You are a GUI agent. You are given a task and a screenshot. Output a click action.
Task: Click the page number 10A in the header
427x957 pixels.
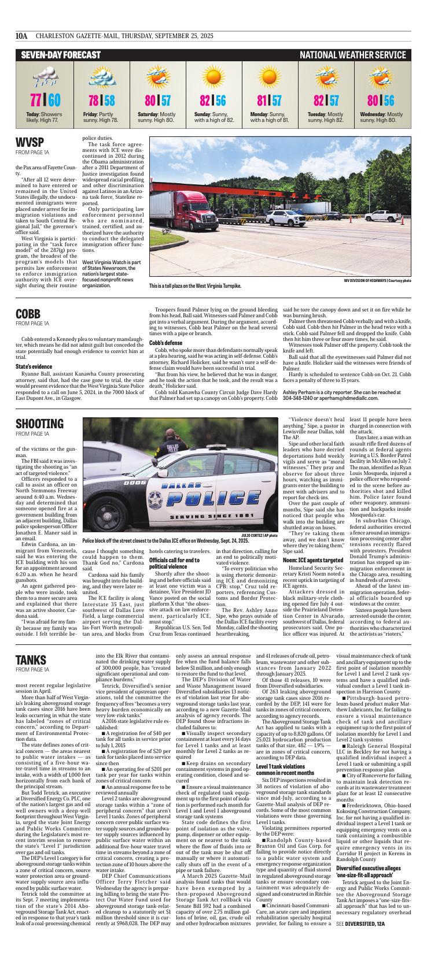pos(22,35)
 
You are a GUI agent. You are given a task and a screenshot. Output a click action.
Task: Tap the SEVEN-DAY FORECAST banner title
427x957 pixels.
pos(61,55)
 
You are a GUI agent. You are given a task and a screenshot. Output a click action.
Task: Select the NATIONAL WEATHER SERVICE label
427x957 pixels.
pos(352,55)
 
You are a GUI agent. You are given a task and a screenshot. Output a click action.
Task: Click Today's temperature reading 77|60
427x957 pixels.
pos(45,99)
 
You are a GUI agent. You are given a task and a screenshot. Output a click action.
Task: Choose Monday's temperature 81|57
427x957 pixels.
pos(269,99)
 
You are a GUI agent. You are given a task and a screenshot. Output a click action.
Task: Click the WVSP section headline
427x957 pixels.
pos(30,143)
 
